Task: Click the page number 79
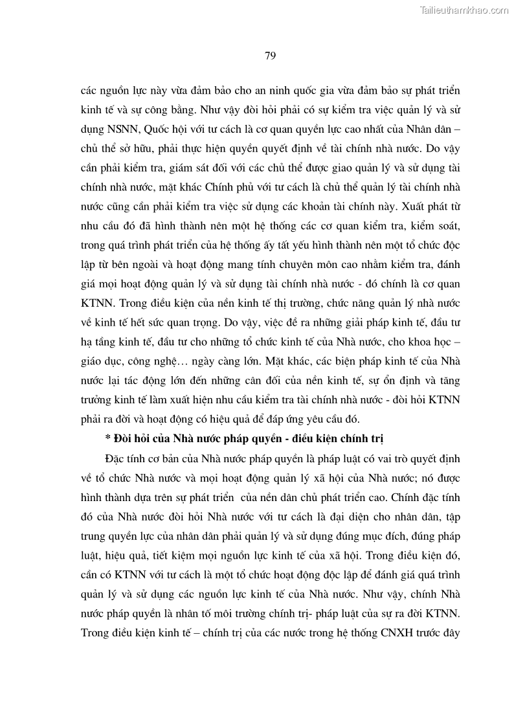(271, 55)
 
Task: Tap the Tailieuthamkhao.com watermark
(464, 10)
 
